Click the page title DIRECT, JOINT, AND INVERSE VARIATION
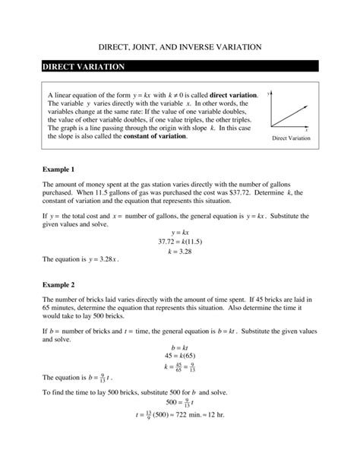[x=181, y=46]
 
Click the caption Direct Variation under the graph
[x=292, y=138]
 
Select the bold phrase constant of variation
[x=155, y=137]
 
